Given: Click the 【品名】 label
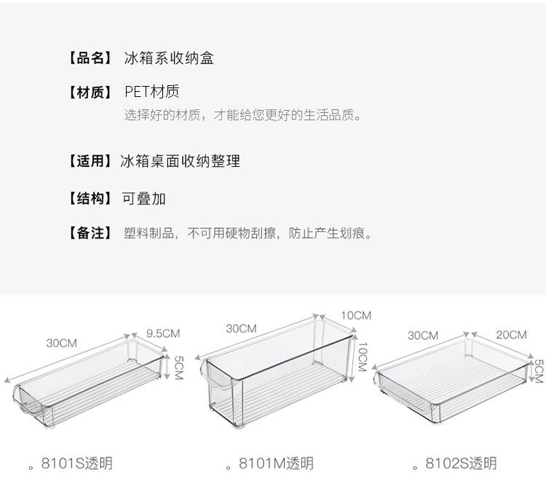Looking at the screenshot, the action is click(90, 58).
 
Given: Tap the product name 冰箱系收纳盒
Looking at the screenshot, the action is click(169, 58).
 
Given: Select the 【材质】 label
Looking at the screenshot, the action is click(90, 92).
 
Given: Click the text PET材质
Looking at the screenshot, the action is click(152, 92).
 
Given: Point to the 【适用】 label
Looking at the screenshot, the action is click(90, 161).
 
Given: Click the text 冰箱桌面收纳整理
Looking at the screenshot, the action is click(180, 161).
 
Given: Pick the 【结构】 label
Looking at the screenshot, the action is click(90, 198).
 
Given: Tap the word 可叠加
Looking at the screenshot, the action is click(143, 198).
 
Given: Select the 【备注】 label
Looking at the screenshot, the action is click(90, 233).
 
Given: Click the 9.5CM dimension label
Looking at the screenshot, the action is click(163, 334).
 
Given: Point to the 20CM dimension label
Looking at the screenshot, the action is click(511, 335).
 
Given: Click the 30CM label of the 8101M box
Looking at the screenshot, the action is click(241, 329).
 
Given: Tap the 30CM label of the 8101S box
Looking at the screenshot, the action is click(62, 343).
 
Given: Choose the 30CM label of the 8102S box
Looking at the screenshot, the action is click(423, 335).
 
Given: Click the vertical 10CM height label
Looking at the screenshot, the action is click(363, 356).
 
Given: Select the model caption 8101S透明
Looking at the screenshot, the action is click(76, 464).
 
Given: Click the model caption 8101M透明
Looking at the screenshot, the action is click(276, 464).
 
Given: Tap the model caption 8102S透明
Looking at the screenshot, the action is click(461, 464).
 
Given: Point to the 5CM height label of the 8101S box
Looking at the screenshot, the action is click(178, 367).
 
